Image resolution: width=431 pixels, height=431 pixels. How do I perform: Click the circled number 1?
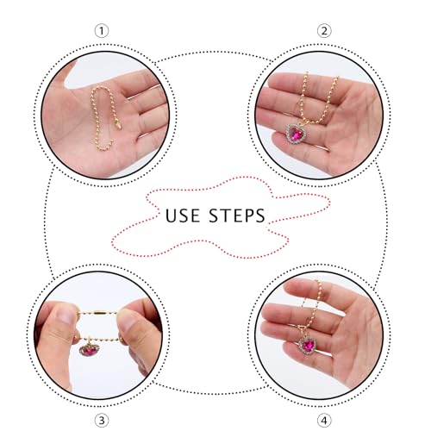(x=102, y=31)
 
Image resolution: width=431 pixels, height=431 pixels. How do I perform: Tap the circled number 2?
(x=324, y=31)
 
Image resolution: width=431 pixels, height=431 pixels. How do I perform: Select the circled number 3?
(x=102, y=421)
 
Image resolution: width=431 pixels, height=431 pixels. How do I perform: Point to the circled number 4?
(x=324, y=421)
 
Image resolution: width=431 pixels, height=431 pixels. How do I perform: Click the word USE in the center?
(x=183, y=215)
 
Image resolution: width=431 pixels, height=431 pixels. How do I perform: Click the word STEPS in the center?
(x=237, y=215)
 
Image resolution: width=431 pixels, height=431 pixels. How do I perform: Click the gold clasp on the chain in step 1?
(x=117, y=124)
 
